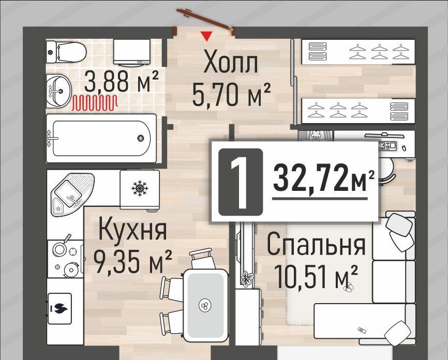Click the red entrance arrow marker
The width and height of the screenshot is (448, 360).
coord(206,36)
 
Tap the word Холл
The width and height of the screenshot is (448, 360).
coord(231,63)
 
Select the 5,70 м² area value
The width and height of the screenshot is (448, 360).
coord(231,94)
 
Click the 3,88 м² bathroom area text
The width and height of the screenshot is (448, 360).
coord(121,81)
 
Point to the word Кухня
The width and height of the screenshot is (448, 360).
coord(132,230)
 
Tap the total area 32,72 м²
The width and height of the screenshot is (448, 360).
coord(323,179)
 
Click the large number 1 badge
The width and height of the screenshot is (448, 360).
coord(240,182)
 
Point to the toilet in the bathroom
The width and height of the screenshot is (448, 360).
coord(66,52)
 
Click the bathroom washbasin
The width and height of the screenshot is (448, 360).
coord(58,91)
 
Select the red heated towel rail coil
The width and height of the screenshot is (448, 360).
coord(95,103)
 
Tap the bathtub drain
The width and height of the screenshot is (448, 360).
coord(141,138)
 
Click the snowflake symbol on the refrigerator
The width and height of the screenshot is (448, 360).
coord(140,188)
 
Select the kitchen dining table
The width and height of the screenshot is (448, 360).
coord(205,305)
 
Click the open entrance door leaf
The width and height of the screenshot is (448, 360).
coord(204,19)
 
